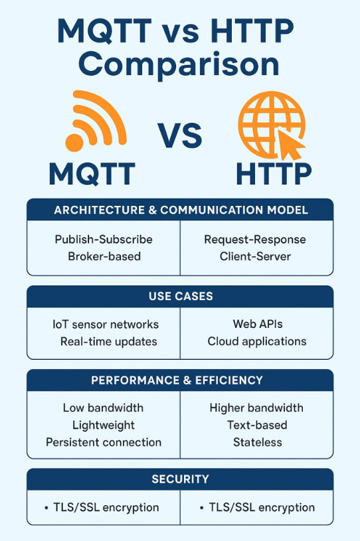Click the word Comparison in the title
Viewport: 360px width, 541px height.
pyautogui.click(x=179, y=65)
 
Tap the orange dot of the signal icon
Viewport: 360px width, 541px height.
pyautogui.click(x=74, y=143)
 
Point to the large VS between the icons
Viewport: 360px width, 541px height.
pyautogui.click(x=180, y=135)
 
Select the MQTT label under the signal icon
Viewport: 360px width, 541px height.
pyautogui.click(x=92, y=174)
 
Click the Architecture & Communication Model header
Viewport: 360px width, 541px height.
pyautogui.click(x=181, y=210)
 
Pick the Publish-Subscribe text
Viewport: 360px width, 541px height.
pyautogui.click(x=104, y=239)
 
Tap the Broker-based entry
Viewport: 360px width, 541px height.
pyautogui.click(x=104, y=256)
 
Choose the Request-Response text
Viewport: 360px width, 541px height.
pyautogui.click(x=255, y=240)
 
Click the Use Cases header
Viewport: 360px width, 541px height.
pyautogui.click(x=181, y=296)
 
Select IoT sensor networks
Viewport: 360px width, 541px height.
pyautogui.click(x=106, y=325)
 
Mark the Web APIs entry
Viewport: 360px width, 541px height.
pyautogui.click(x=258, y=324)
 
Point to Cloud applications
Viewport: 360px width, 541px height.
pyautogui.click(x=257, y=342)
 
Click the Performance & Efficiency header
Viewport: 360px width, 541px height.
pyautogui.click(x=177, y=380)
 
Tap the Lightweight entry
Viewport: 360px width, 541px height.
pyautogui.click(x=104, y=425)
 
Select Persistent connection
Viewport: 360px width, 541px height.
pyautogui.click(x=104, y=442)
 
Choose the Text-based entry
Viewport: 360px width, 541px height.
pyautogui.click(x=257, y=425)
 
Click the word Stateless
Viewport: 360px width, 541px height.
pyautogui.click(x=258, y=442)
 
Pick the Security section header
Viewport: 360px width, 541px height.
pyautogui.click(x=180, y=479)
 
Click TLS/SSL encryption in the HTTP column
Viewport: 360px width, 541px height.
pyautogui.click(x=262, y=508)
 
